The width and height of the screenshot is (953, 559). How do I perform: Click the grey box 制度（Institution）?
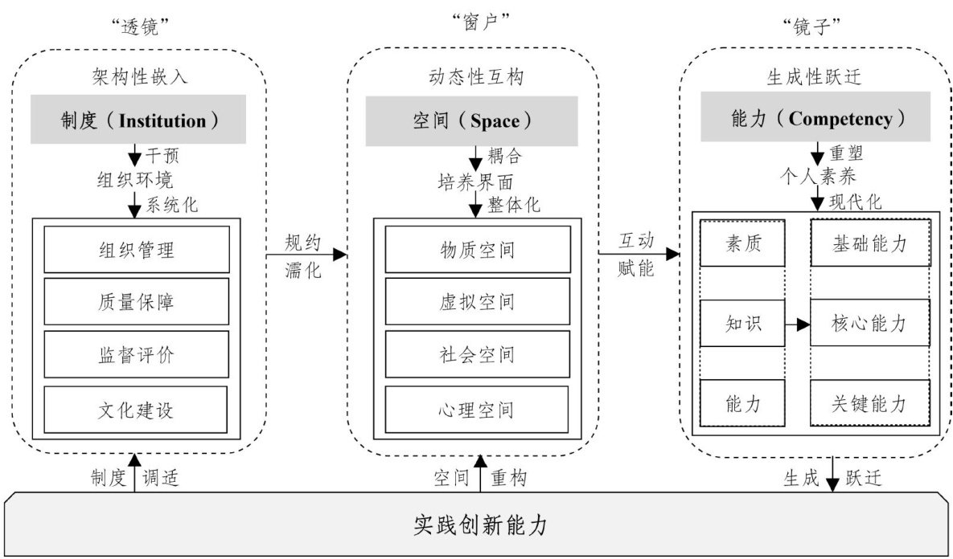click(141, 121)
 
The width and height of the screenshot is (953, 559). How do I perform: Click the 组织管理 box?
click(136, 250)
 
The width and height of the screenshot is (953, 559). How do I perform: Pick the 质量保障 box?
click(136, 302)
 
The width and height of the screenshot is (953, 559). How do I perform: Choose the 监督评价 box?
click(136, 354)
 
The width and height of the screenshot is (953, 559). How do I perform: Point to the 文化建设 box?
click(136, 410)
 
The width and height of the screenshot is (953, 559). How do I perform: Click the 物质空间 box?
click(478, 250)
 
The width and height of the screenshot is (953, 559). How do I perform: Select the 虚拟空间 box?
click(478, 302)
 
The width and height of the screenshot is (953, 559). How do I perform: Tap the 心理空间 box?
click(478, 410)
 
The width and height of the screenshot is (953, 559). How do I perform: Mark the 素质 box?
click(743, 243)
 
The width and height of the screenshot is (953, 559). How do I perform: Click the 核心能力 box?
click(869, 324)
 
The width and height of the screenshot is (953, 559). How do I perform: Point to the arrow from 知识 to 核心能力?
click(797, 324)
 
